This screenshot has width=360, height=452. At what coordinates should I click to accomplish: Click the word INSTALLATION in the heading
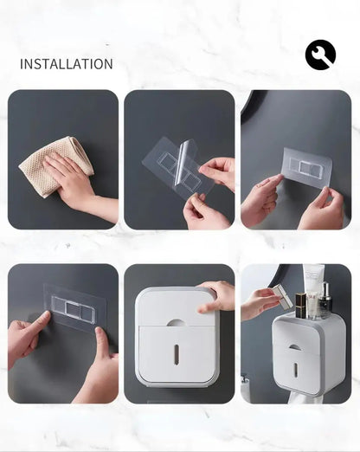pyautogui.click(x=66, y=64)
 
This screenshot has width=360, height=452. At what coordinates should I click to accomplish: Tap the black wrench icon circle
pyautogui.click(x=320, y=55)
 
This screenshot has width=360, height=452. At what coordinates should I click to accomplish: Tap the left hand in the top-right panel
pyautogui.click(x=259, y=200)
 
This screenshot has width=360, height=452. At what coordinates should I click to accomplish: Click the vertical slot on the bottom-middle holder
pyautogui.click(x=176, y=353)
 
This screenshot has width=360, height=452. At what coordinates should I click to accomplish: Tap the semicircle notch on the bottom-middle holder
pyautogui.click(x=176, y=322)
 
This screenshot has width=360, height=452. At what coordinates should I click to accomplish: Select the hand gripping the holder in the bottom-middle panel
pyautogui.click(x=215, y=296)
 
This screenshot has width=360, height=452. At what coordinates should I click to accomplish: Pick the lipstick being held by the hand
pyautogui.click(x=283, y=296)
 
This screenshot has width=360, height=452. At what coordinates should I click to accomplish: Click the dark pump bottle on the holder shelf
pyautogui.click(x=326, y=302)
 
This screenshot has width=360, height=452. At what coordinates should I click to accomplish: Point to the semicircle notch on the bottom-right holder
pyautogui.click(x=296, y=346)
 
